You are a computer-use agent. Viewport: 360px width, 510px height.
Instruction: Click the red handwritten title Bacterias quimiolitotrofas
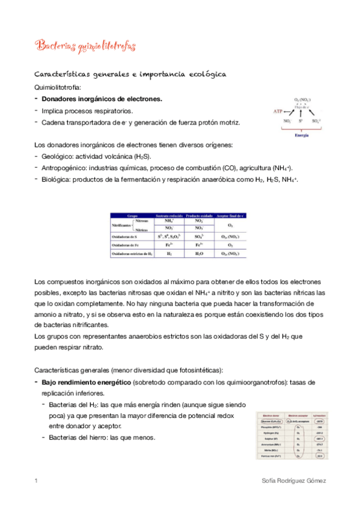click(85, 46)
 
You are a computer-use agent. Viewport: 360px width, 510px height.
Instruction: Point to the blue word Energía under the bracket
click(302, 136)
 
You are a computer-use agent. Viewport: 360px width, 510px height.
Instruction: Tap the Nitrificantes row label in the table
click(123, 225)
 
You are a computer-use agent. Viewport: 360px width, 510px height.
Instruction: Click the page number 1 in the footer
click(37, 481)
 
